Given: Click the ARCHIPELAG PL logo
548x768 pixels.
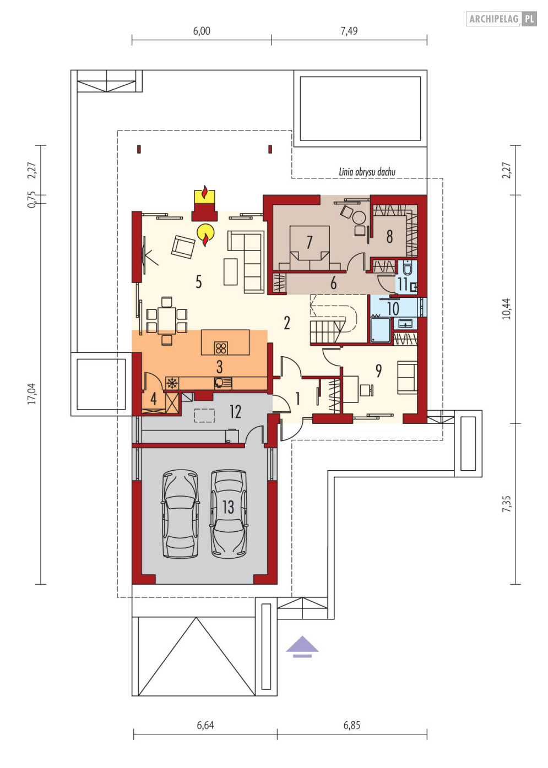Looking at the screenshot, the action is pyautogui.click(x=501, y=19).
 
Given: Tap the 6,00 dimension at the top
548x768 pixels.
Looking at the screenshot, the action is pyautogui.click(x=201, y=31).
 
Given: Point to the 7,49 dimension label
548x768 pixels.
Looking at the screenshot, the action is pyautogui.click(x=349, y=31).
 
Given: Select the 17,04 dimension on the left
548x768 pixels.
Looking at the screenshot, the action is pyautogui.click(x=32, y=394).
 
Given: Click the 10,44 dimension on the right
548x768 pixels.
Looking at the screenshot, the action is pyautogui.click(x=506, y=308).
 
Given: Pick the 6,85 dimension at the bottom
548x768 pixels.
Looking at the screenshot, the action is pyautogui.click(x=352, y=725).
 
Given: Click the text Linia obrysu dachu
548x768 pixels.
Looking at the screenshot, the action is pyautogui.click(x=367, y=171).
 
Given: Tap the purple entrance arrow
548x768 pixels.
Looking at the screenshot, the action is pyautogui.click(x=302, y=647).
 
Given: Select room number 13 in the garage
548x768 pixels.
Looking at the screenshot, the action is pyautogui.click(x=228, y=506).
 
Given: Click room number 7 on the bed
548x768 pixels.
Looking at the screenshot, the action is pyautogui.click(x=310, y=242).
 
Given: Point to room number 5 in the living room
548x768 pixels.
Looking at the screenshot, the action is pyautogui.click(x=199, y=282).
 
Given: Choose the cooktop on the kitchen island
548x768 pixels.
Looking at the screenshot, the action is pyautogui.click(x=221, y=348).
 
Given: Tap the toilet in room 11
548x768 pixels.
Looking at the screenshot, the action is pyautogui.click(x=407, y=268).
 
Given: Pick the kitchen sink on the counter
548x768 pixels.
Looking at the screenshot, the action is pyautogui.click(x=223, y=383).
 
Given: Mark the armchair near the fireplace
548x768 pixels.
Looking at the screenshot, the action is pyautogui.click(x=183, y=247).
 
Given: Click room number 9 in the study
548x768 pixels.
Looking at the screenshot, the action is pyautogui.click(x=378, y=371).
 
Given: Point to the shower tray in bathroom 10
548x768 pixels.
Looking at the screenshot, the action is pyautogui.click(x=380, y=330).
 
